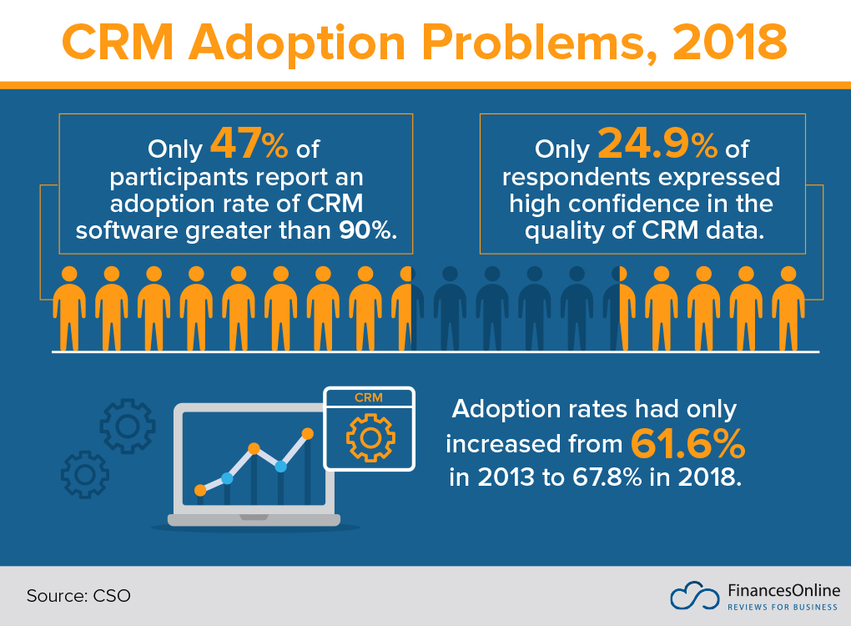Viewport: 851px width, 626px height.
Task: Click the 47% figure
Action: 249,145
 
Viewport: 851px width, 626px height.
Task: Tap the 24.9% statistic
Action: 657,145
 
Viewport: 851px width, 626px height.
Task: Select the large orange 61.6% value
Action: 687,443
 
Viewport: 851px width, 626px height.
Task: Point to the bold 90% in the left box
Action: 365,230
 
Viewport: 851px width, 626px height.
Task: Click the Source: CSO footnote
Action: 78,596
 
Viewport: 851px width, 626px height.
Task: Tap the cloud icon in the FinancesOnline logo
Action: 694,596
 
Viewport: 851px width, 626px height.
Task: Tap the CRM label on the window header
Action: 368,397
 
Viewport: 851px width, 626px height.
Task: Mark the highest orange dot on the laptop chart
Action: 307,433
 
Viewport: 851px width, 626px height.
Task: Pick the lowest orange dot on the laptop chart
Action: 200,490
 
